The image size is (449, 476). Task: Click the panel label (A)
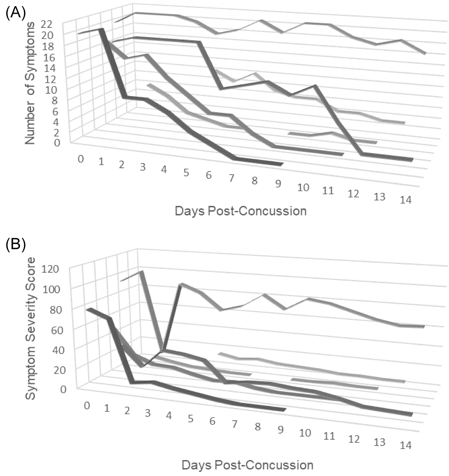(16, 13)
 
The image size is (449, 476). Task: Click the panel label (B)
(16, 244)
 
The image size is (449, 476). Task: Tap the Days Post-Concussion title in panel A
(241, 211)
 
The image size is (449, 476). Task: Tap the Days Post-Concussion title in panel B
(247, 465)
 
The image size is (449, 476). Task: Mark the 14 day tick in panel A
(406, 200)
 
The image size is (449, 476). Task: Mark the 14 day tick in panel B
(406, 445)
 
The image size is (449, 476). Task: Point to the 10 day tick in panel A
(303, 188)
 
